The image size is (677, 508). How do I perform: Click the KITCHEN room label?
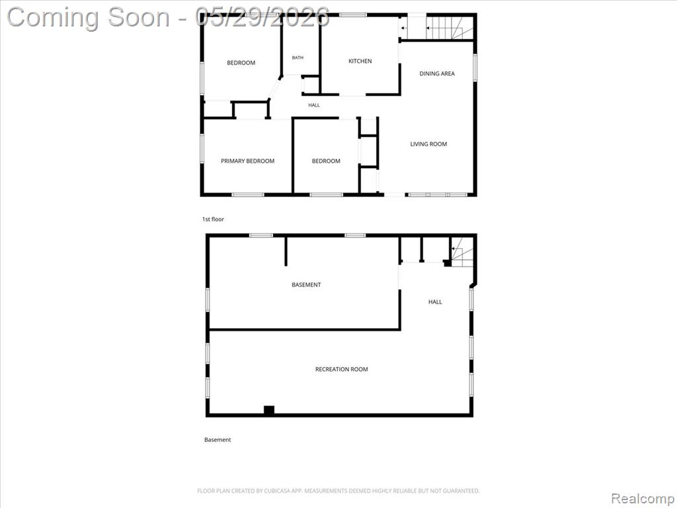[x=360, y=62]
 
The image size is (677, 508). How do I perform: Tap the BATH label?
[x=298, y=58]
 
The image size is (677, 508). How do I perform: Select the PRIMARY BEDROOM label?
[x=247, y=161]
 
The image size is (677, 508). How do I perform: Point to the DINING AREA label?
[x=437, y=74]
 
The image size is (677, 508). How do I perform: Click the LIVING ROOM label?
[x=428, y=144]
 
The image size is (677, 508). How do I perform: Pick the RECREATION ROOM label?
[x=342, y=369]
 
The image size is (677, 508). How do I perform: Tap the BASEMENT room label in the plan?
[x=306, y=284]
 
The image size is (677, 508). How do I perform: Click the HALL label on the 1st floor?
[x=314, y=105]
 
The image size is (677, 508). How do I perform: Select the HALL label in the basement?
[x=435, y=302]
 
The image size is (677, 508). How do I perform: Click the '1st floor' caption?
[x=214, y=220]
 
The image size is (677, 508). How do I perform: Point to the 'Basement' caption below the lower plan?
[x=218, y=440]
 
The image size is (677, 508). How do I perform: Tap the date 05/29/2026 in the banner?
[x=262, y=17]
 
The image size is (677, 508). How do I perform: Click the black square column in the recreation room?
[x=269, y=410]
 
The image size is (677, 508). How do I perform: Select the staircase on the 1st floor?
[x=450, y=28]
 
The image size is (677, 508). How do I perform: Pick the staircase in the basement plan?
[x=462, y=251]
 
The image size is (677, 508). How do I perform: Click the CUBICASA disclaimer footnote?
[x=338, y=491]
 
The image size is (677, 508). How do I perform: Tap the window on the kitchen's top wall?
[x=353, y=15]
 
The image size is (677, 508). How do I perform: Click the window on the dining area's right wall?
[x=475, y=68]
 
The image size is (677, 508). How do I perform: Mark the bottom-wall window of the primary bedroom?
[x=248, y=195]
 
